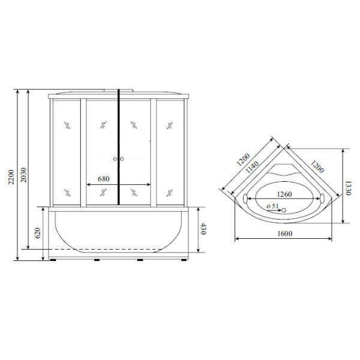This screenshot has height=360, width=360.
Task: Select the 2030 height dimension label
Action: (x=24, y=174)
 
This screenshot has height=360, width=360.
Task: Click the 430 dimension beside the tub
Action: (x=203, y=229)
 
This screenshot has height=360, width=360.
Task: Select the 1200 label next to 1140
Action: (x=243, y=159)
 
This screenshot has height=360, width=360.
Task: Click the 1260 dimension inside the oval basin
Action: (x=284, y=194)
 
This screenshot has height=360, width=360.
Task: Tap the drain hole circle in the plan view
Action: (x=286, y=210)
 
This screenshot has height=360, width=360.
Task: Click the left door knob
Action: (x=115, y=160)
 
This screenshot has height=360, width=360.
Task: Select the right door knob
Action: (x=122, y=160)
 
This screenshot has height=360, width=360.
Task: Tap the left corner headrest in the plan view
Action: (x=245, y=199)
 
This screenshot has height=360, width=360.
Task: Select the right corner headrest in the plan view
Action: (x=325, y=199)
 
